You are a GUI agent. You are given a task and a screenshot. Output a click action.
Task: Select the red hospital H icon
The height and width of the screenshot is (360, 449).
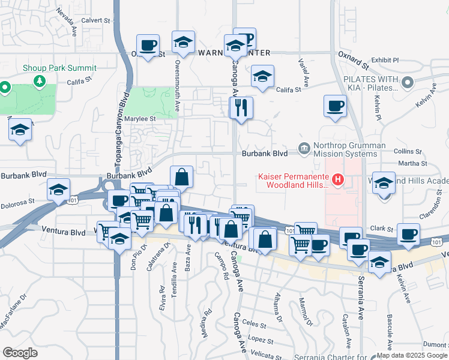339,179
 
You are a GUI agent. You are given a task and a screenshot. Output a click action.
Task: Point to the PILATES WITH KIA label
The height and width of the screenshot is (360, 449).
372,83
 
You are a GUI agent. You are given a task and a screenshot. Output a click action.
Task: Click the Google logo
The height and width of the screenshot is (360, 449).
20,353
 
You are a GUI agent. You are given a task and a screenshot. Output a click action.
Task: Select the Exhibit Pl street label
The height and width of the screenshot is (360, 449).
385,60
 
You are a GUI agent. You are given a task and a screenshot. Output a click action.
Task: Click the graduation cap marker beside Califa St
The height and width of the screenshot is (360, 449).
262,77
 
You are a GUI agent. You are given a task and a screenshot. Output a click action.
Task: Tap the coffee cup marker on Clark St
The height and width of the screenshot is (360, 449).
408,233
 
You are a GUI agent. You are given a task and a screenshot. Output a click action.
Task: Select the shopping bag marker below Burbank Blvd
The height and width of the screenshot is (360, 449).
181,176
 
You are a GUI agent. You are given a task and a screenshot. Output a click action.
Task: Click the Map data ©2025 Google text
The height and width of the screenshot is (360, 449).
411,355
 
